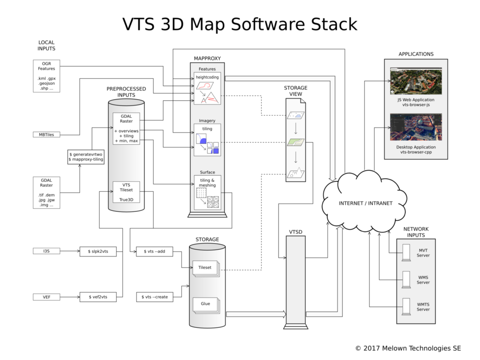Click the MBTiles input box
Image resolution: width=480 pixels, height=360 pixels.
(46, 135)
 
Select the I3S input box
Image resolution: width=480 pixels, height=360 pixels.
(46, 251)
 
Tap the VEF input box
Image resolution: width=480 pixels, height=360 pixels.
(46, 297)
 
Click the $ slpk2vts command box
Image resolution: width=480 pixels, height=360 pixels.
(98, 251)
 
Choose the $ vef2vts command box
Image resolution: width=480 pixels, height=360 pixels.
(98, 297)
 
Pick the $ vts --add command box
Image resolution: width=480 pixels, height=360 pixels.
(154, 251)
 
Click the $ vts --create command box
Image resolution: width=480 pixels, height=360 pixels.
(154, 297)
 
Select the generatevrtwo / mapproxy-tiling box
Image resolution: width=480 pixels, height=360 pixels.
(86, 157)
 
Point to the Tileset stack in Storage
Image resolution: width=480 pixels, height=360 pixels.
(206, 269)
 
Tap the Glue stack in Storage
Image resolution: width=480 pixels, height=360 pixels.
(206, 305)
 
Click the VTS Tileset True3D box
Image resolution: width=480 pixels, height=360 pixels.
(126, 192)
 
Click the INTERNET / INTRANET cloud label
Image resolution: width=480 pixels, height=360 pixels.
(366, 203)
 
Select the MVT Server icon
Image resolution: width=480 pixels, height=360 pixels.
(406, 253)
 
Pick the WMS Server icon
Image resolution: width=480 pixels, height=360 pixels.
(406, 279)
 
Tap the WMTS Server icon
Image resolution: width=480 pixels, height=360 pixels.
(406, 307)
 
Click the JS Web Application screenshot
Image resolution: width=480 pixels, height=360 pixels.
(416, 81)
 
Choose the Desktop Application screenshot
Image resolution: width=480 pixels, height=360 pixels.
(416, 127)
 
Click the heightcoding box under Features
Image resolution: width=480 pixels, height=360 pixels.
(207, 88)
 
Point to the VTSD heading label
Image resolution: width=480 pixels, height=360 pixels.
(295, 232)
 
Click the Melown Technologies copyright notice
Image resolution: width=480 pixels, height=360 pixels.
(408, 348)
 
